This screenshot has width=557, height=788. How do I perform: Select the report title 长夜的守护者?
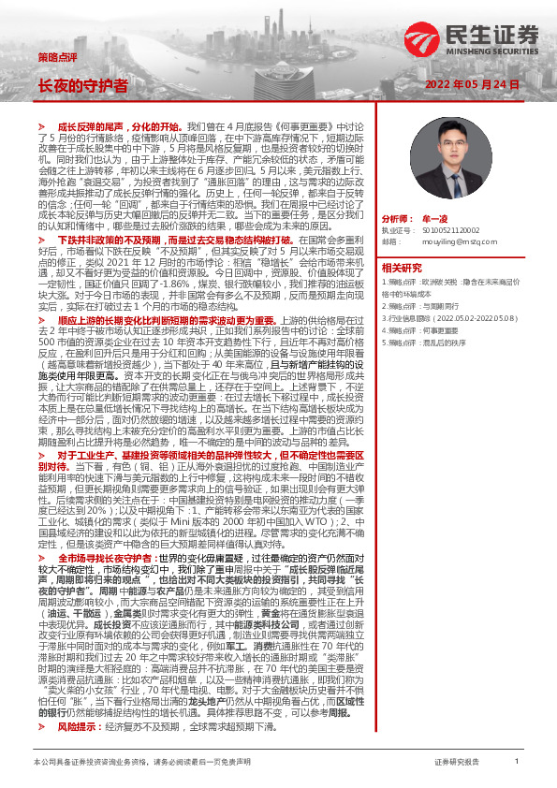(82, 84)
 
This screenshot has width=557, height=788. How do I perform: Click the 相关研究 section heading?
(403, 267)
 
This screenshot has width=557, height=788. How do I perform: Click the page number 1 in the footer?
(516, 762)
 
